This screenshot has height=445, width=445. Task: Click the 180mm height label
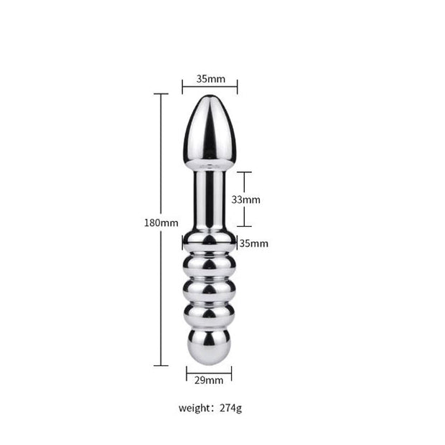coord(160,222)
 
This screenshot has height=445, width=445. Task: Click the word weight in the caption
coord(195,408)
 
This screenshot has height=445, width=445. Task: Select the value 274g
coord(230,408)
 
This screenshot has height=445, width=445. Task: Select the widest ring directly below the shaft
coord(210,242)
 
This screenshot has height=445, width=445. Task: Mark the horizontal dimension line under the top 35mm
coord(210,86)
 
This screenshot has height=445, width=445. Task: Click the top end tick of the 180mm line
coord(161,94)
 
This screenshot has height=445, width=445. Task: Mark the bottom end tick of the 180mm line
coord(161,365)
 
